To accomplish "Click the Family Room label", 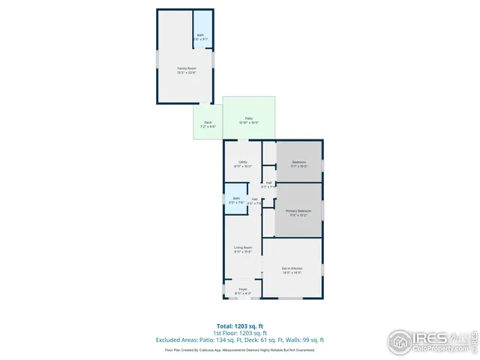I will (x=186, y=68).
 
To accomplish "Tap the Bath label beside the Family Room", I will (x=200, y=35).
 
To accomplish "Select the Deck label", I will (x=208, y=122).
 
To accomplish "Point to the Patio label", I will (x=248, y=118).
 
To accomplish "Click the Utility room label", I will (x=243, y=162).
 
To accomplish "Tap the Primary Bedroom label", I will (x=298, y=211).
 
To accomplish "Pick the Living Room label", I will (x=242, y=247).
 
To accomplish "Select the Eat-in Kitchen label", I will (x=292, y=268).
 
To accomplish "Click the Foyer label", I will (x=243, y=289).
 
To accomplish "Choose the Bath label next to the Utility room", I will (x=236, y=198).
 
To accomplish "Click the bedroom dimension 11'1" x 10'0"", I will (x=299, y=166).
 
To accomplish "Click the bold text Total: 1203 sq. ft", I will (x=239, y=325).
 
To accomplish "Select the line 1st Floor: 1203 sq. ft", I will (x=239, y=332).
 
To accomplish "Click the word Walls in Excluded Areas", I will (x=294, y=340).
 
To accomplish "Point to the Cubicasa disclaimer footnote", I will (x=239, y=349).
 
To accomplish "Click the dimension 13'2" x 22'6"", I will (x=186, y=73).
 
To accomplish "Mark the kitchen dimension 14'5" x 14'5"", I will (x=292, y=272).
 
